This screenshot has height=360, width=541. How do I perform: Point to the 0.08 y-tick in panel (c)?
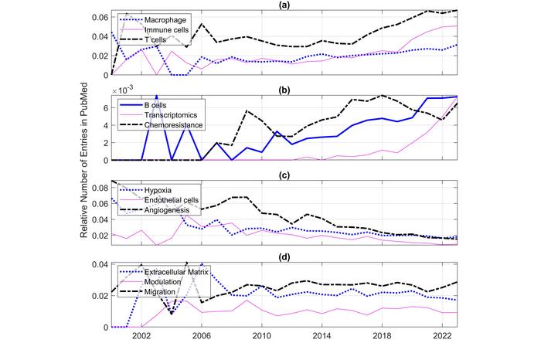[x=99, y=188]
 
